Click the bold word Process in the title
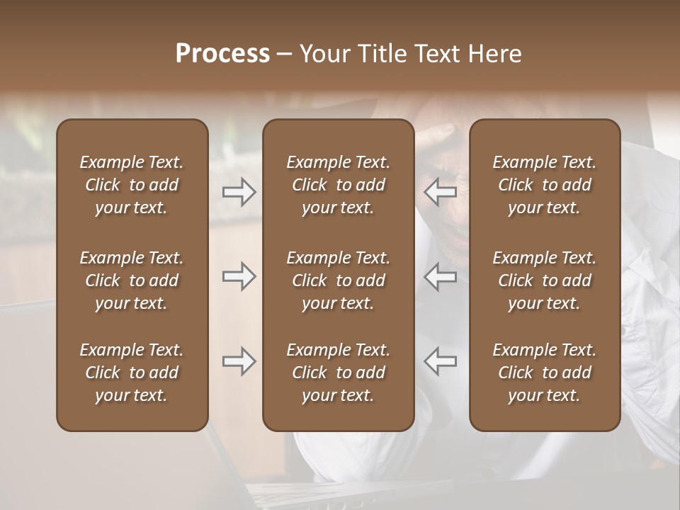(222, 54)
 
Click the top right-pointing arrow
(239, 192)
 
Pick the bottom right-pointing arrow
(239, 361)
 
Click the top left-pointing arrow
(441, 192)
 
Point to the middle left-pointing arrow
(441, 276)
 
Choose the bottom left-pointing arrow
(441, 361)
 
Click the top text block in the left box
(132, 185)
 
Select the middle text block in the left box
(132, 280)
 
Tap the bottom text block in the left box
(132, 373)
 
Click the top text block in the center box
(338, 185)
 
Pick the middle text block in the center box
(338, 280)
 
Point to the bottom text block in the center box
(338, 373)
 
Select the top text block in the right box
(545, 185)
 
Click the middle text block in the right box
(545, 280)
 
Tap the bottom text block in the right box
(545, 373)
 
